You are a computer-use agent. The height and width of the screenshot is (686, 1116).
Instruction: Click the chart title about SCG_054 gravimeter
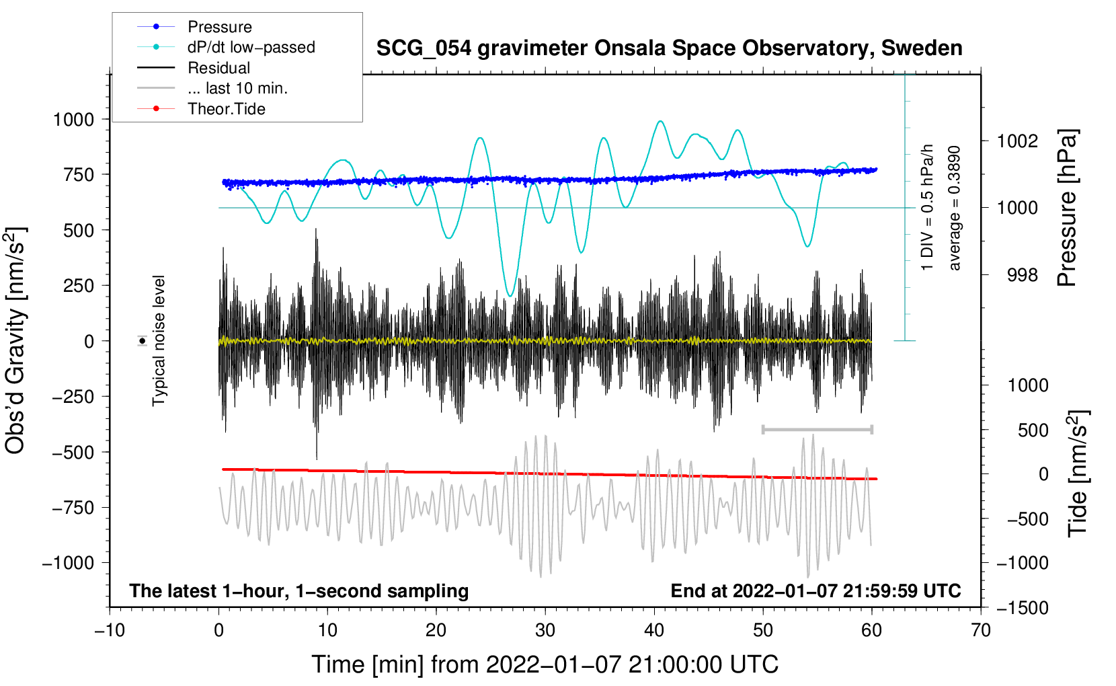coord(669,48)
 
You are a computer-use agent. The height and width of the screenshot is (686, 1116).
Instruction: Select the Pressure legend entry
coord(219,27)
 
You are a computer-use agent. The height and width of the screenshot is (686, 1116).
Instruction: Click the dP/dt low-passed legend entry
coord(251,47)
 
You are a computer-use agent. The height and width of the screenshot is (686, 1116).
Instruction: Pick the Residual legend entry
coord(218,68)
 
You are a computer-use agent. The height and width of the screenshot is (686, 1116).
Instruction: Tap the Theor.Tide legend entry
coord(226,109)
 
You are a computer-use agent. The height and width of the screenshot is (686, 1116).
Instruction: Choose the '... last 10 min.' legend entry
coord(237,88)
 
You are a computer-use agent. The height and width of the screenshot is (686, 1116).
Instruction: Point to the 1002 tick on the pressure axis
coord(1017,141)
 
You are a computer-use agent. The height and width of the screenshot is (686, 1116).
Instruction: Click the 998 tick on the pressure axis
coord(1022,274)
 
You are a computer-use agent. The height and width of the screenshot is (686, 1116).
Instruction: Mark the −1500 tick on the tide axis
coord(1022,607)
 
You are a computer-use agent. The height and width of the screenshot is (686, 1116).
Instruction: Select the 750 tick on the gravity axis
coord(79,174)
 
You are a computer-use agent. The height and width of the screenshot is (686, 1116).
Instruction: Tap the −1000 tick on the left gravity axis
coord(68,562)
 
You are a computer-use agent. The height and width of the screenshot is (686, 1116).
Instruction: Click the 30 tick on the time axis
coord(545,630)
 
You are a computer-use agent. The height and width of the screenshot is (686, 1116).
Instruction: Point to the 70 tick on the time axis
coord(981,630)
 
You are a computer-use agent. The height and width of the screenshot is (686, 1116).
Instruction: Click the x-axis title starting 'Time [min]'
coord(545,664)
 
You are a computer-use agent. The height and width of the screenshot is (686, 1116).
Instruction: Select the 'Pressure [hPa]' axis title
coord(1067,208)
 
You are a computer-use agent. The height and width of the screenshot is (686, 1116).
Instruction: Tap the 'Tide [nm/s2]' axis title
coord(1078,473)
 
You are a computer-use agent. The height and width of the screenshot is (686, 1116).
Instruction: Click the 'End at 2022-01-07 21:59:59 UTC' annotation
coord(815,590)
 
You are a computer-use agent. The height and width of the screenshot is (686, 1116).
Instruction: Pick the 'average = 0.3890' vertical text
coord(954,208)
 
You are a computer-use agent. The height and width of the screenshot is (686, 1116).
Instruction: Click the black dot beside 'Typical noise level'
coord(143,341)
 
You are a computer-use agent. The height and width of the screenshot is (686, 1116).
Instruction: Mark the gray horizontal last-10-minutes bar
coord(817,429)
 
